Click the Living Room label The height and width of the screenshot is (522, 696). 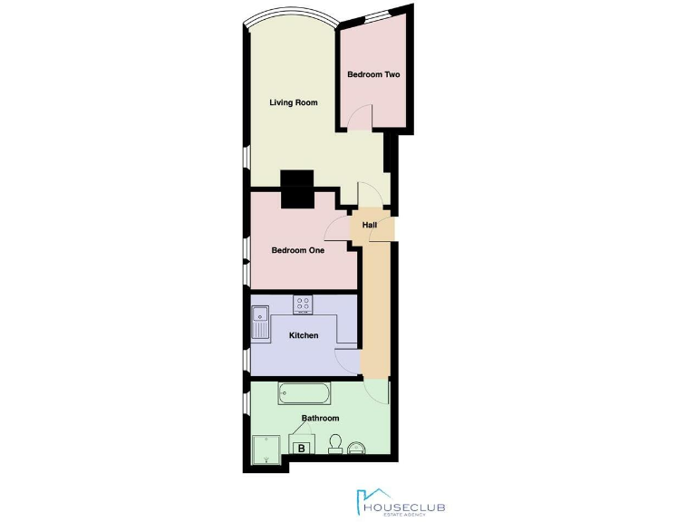294,102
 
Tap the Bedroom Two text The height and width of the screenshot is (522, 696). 373,74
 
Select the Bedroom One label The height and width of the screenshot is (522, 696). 298,250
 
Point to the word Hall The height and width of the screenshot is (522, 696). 370,225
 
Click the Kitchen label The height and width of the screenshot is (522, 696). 304,335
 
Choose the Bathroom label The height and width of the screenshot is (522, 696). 320,418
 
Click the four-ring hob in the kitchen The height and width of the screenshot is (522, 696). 303,304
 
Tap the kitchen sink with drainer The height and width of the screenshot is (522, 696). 260,323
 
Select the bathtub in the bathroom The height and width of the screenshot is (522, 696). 304,392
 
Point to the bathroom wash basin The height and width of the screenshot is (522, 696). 358,446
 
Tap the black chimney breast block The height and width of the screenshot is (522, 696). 296,189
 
